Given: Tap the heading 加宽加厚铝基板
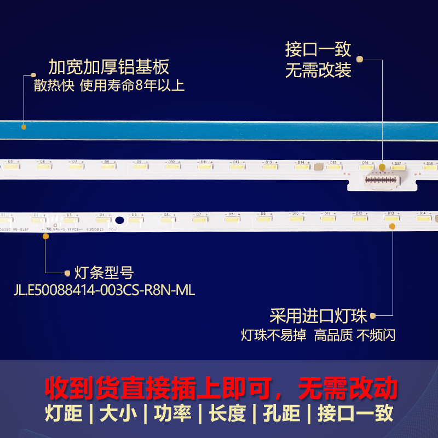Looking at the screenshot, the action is coord(108,67).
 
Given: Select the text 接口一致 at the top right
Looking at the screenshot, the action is coord(318,49).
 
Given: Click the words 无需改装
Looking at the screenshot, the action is coord(318,71).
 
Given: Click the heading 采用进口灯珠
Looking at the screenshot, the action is coord(318,316).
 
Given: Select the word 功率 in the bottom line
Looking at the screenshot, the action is coord(172,413).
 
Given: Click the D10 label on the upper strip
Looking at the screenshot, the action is coord(171,162).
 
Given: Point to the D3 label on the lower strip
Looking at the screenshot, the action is coord(68,215).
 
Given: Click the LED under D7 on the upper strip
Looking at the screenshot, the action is coord(76,167).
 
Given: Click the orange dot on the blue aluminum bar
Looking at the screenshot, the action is coord(24,127).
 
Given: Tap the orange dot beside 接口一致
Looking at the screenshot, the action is coord(360,58).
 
